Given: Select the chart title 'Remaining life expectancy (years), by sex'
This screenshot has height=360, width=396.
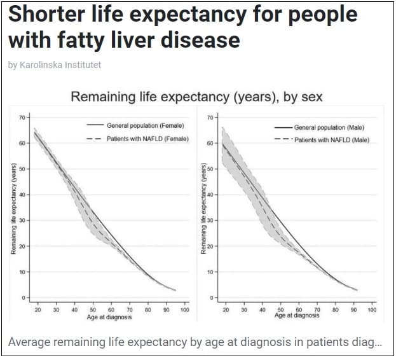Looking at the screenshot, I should tap(196, 97).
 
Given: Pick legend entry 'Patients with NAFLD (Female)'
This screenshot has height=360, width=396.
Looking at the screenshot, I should tap(147, 139).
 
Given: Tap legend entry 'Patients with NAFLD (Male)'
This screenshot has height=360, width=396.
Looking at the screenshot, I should tap(331, 140).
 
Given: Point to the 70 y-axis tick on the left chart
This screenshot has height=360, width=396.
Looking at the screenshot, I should tap(21, 118).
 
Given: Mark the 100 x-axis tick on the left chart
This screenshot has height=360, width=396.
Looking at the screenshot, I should tap(184, 310).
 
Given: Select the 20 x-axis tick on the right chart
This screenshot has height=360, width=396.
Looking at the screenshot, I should tap(226, 310).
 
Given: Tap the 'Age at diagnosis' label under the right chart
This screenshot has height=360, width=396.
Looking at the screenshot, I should tap(297, 316).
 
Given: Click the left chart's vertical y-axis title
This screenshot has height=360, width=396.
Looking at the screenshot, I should tap(13, 209).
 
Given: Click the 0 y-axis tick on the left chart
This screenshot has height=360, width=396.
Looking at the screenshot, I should tap(22, 298).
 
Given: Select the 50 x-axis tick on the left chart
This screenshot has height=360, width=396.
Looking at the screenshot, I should tap(93, 310).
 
